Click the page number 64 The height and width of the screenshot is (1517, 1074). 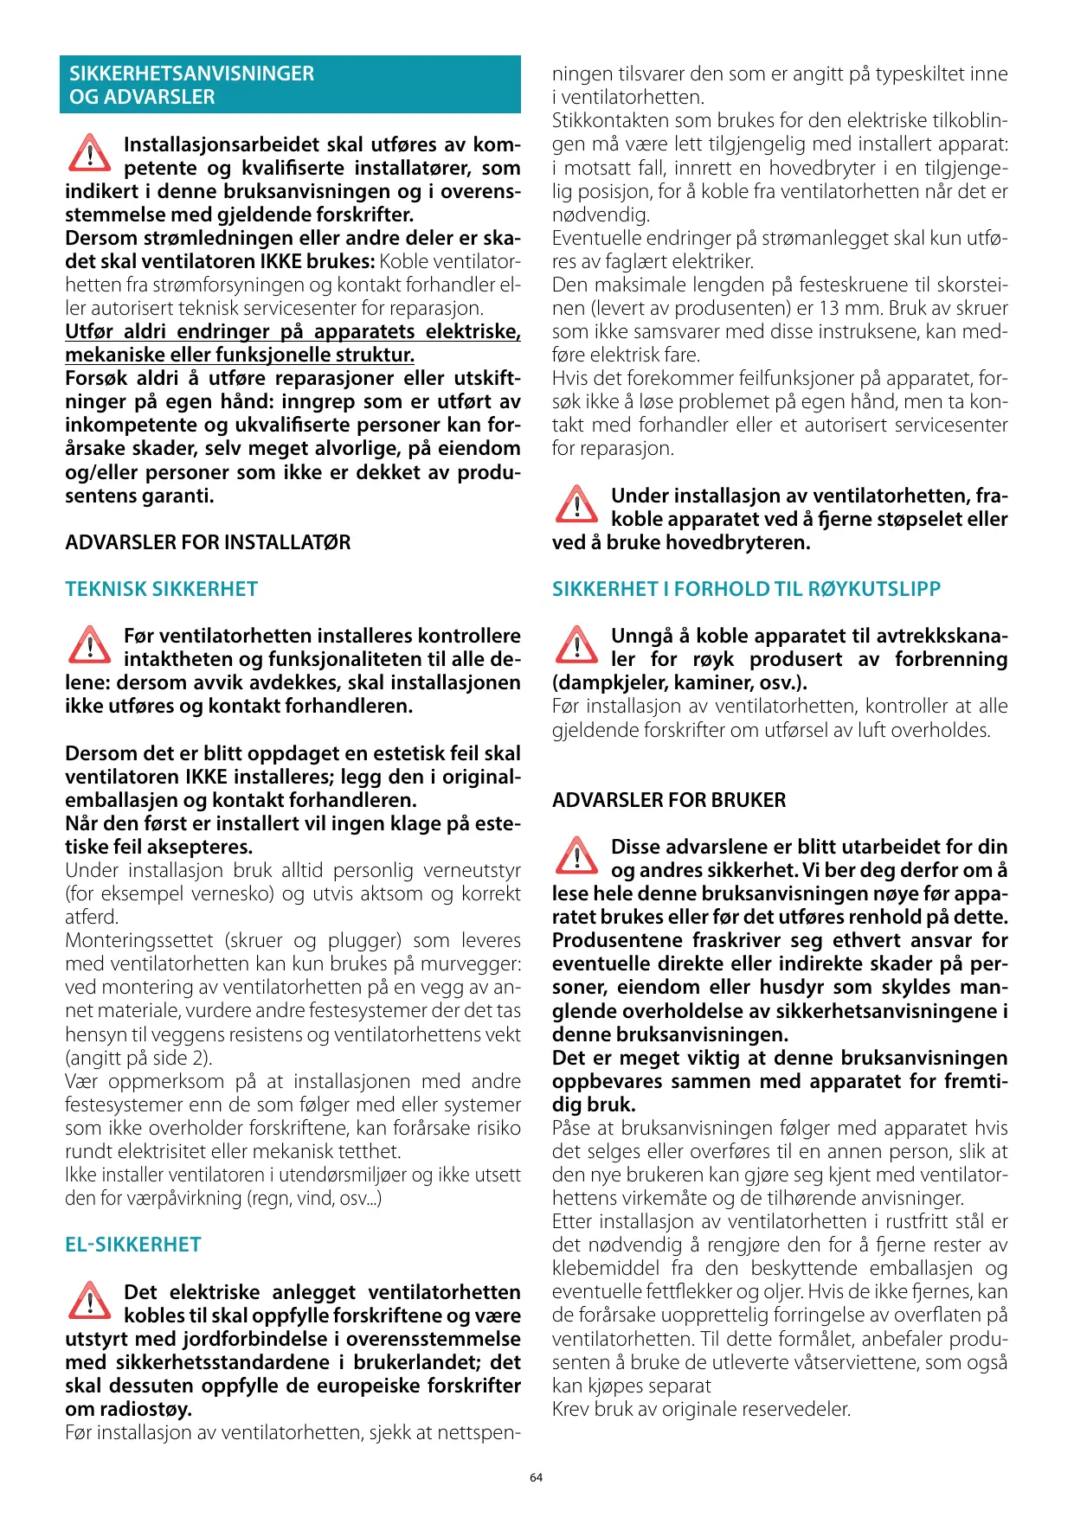pyautogui.click(x=536, y=1477)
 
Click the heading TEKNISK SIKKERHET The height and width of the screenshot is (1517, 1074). pyautogui.click(x=161, y=589)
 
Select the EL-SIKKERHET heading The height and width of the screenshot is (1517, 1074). pyautogui.click(x=133, y=1245)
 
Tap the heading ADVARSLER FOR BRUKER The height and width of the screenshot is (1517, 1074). pyautogui.click(x=669, y=800)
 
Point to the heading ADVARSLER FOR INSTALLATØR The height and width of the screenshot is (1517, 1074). pyautogui.click(x=208, y=542)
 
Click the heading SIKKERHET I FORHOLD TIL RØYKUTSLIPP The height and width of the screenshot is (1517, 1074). pyautogui.click(x=746, y=589)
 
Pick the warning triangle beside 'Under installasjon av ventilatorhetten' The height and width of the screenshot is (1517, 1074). pyautogui.click(x=576, y=505)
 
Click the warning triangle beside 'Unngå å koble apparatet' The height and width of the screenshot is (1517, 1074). pyautogui.click(x=576, y=645)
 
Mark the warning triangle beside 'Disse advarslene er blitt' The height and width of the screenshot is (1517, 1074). pyautogui.click(x=576, y=856)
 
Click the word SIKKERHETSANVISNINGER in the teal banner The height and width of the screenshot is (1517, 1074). pyautogui.click(x=192, y=74)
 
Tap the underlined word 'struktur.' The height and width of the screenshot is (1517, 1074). pyautogui.click(x=371, y=355)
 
